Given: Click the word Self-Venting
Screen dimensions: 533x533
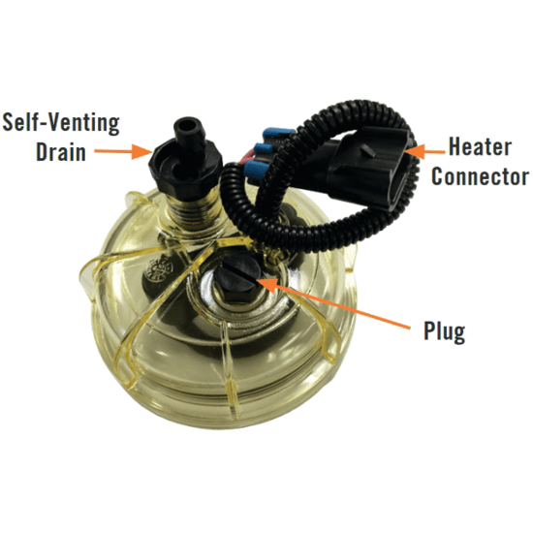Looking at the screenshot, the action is pos(61,124).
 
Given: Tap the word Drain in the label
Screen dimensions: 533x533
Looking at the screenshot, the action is pos(61,152).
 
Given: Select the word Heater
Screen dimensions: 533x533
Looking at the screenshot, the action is pos(480,147).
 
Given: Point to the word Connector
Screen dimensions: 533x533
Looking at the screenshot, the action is pos(480,176).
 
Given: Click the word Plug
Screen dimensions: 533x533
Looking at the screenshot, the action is pos(444,331).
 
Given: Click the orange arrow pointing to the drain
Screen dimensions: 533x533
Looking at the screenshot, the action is pos(123,151).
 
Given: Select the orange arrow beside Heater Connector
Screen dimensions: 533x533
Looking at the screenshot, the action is pos(424,151).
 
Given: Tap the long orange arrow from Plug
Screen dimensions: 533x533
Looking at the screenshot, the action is pos(332,302).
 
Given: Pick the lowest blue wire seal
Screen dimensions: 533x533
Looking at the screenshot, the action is pos(256,168).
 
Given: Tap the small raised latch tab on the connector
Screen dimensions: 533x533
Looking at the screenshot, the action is pos(368,149).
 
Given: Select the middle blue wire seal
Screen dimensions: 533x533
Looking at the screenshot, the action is pos(264,149).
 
